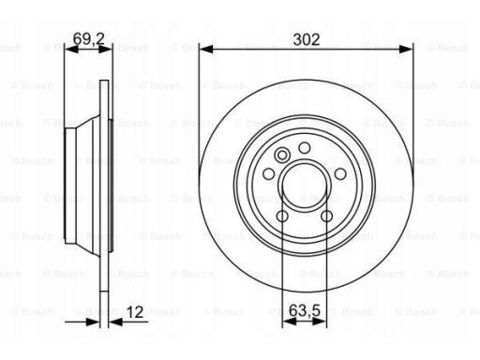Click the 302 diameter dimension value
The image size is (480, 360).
coord(307,39)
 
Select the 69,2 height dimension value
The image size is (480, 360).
coord(88,38)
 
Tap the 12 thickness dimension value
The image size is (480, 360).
coord(135,312)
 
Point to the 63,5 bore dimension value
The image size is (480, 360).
coord(305,310)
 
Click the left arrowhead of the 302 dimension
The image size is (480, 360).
coord(206,49)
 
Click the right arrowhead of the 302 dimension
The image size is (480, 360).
coord(406,49)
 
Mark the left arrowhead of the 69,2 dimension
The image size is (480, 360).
coord(71,49)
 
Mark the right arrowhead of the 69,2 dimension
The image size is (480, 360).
coord(105,49)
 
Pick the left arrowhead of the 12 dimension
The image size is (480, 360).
coord(93,322)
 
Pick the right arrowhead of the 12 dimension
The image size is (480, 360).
coord(115,322)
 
